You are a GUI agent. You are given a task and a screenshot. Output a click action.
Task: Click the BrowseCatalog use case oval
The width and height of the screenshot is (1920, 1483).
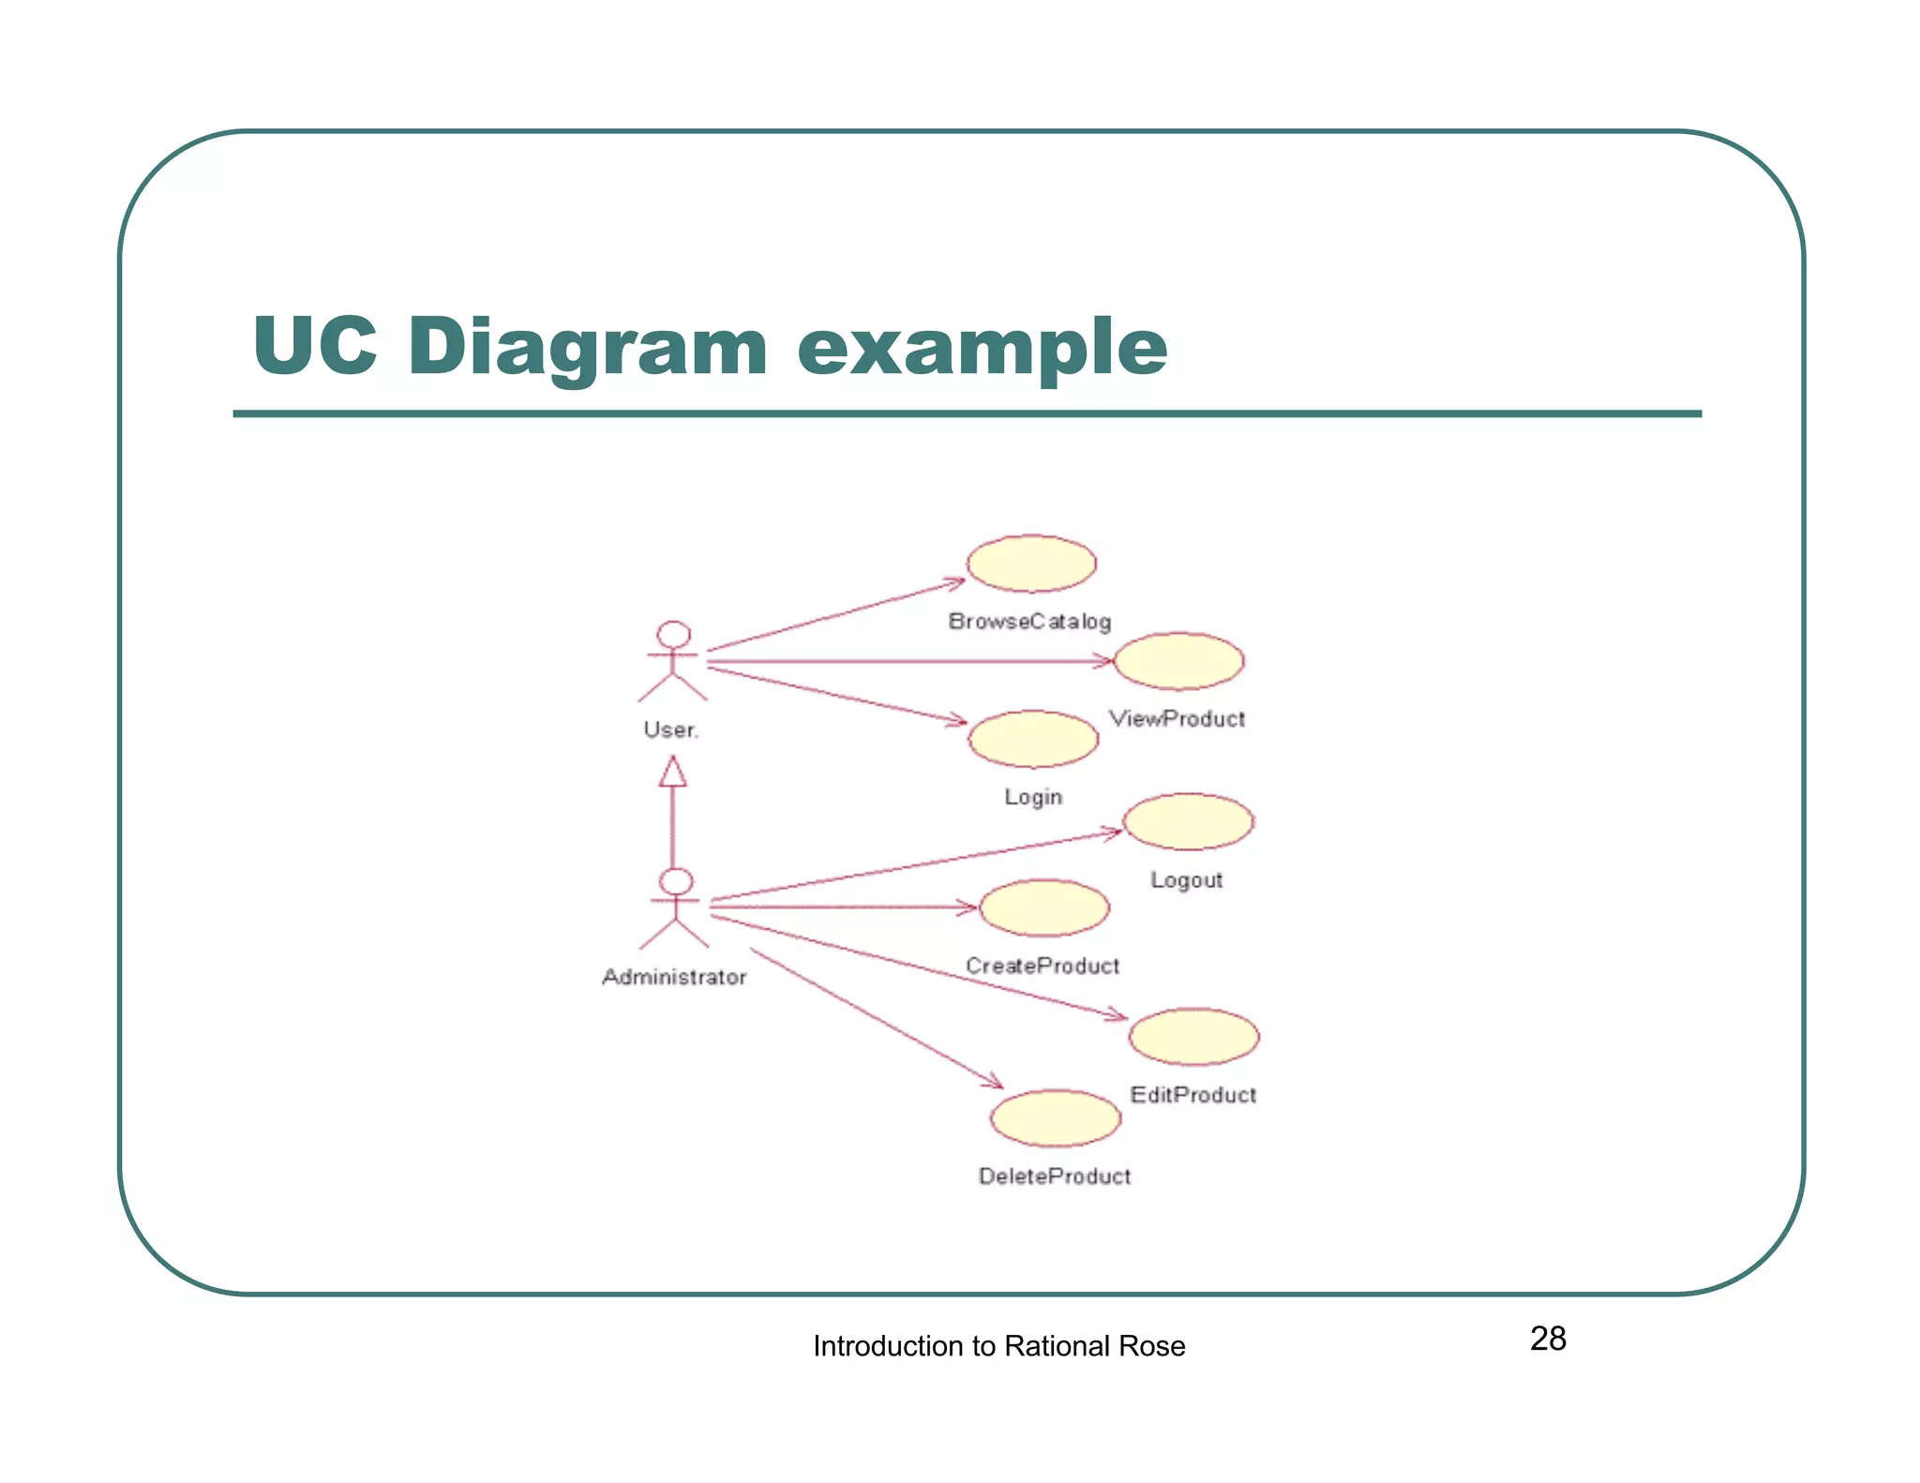tap(1031, 563)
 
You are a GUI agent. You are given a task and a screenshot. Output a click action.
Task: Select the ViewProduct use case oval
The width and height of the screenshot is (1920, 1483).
tap(1178, 661)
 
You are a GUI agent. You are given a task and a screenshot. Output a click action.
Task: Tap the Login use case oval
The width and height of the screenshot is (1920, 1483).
tap(1033, 739)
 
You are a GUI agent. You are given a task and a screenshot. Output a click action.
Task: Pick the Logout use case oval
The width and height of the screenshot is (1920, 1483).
tap(1188, 821)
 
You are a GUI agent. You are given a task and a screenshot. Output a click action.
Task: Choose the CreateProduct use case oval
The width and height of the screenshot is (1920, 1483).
tap(1044, 907)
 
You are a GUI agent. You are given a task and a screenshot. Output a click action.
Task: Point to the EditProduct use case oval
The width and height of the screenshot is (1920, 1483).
tap(1193, 1036)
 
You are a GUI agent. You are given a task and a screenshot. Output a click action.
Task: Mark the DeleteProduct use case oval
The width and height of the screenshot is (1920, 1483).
tap(1056, 1117)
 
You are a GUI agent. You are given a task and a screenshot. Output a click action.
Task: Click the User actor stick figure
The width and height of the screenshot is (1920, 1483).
tap(673, 661)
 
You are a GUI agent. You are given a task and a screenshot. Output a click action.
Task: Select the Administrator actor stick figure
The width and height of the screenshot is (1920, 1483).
tap(675, 907)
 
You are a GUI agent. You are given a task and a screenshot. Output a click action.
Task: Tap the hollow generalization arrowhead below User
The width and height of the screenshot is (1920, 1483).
tap(673, 772)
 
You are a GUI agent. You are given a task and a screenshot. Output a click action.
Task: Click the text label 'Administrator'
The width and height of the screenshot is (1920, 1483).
tap(674, 977)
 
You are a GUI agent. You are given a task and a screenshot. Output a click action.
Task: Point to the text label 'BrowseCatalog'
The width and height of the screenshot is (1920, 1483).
tap(1029, 622)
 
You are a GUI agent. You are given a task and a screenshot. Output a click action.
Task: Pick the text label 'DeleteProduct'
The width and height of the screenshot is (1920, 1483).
tap(1055, 1176)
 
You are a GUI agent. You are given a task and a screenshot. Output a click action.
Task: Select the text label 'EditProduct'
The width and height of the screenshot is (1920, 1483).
tap(1192, 1095)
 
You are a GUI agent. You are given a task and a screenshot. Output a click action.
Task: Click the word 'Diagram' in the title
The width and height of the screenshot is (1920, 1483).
tap(588, 347)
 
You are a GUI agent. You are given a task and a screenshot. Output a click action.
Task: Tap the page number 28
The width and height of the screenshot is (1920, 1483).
tap(1548, 1339)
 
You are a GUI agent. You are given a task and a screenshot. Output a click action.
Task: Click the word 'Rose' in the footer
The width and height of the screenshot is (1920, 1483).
tap(1152, 1346)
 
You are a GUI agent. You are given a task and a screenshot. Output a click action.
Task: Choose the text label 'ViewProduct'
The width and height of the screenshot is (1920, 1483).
tap(1177, 719)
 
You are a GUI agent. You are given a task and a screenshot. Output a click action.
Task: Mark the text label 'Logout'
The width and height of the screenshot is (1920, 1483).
tap(1187, 880)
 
